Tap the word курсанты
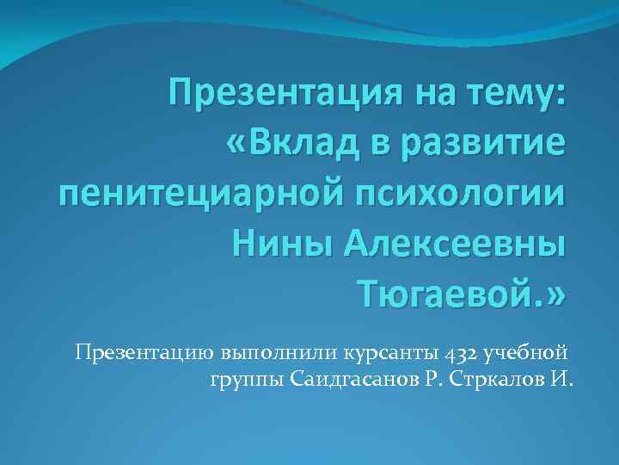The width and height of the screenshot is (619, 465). pyautogui.click(x=395, y=353)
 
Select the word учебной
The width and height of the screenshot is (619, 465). pyautogui.click(x=526, y=353)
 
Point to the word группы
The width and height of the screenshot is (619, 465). pyautogui.click(x=246, y=380)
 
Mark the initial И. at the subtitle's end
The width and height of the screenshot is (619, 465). pyautogui.click(x=561, y=379)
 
